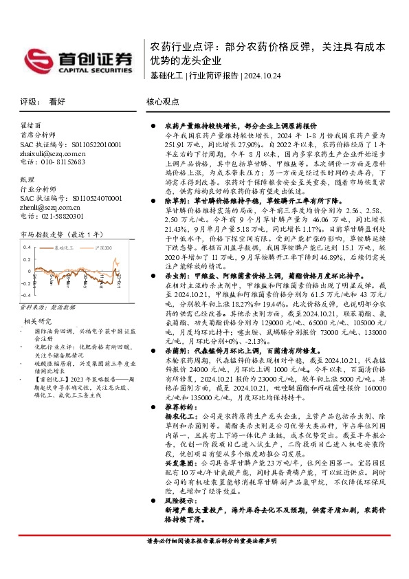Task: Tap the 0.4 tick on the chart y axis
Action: click(27, 245)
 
